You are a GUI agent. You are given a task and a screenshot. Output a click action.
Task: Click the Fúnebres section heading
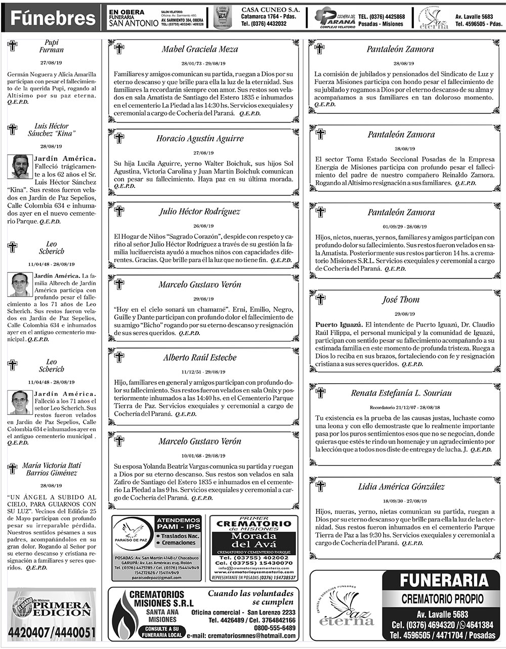click(x=53, y=19)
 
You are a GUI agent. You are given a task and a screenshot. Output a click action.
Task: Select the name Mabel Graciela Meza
click(x=200, y=50)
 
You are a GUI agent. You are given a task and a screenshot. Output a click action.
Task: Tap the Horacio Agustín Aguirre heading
click(x=200, y=138)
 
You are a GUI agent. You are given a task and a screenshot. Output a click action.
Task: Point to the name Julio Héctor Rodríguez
click(x=200, y=212)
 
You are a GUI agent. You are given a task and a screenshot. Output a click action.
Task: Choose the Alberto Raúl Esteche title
click(x=200, y=357)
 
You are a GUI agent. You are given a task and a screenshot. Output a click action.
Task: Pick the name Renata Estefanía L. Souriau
click(x=401, y=393)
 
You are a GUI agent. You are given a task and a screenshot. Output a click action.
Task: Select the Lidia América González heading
click(x=401, y=486)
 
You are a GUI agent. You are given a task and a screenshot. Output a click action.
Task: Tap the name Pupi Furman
click(x=52, y=46)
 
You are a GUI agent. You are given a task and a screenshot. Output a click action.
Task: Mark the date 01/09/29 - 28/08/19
click(x=401, y=226)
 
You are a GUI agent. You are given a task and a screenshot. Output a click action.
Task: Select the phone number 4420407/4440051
click(x=52, y=632)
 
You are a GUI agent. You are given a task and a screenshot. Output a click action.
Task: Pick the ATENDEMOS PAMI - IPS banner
click(x=178, y=523)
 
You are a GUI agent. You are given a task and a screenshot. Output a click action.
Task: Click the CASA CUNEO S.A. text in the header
click(x=271, y=10)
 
